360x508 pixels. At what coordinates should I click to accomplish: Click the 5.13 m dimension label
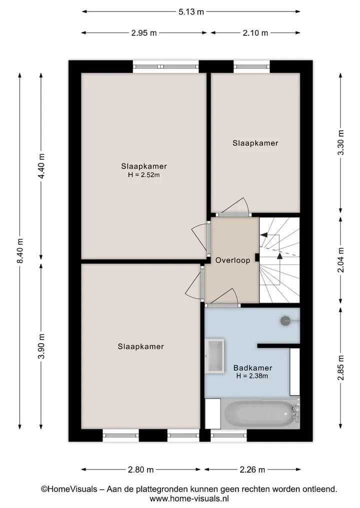(191, 12)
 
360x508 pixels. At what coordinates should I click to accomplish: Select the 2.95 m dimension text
(144, 33)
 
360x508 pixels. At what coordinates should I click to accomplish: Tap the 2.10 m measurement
(255, 33)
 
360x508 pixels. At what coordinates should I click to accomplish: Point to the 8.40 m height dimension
(20, 251)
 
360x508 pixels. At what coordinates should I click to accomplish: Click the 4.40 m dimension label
(41, 166)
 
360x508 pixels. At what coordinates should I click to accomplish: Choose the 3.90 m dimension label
(41, 346)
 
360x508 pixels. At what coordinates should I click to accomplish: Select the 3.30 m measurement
(341, 142)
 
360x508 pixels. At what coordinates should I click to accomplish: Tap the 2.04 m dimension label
(341, 260)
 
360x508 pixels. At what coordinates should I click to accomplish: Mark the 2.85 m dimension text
(341, 368)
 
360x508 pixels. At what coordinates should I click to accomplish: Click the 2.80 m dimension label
(141, 470)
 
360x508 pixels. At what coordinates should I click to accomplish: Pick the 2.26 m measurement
(252, 470)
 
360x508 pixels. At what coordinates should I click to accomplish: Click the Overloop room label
(233, 260)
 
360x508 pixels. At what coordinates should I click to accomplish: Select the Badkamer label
(252, 368)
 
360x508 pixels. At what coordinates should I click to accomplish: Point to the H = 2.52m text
(143, 175)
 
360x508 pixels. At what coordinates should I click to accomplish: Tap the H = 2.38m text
(252, 376)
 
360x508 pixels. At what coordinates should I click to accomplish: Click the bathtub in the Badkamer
(260, 414)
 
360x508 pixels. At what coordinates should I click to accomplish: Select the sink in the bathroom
(215, 356)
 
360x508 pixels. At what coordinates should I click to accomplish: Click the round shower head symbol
(285, 321)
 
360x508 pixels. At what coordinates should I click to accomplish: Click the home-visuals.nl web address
(189, 498)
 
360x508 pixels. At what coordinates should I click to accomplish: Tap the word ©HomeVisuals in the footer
(69, 489)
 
